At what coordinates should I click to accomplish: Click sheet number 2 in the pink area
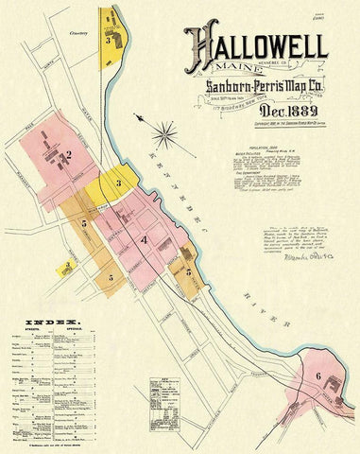click(x=69, y=154)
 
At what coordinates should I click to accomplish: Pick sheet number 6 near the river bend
click(x=318, y=376)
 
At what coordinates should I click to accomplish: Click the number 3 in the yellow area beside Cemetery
click(x=110, y=41)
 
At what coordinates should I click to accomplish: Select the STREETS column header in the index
click(x=27, y=333)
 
